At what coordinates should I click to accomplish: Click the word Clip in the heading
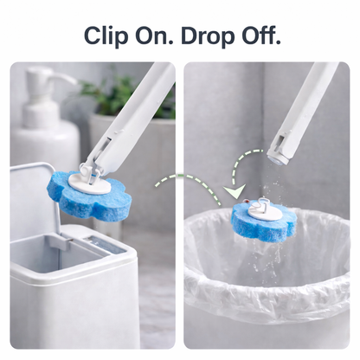[106, 35]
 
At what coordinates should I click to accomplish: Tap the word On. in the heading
[154, 35]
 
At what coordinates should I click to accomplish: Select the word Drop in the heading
[209, 35]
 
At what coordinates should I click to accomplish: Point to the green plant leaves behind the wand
[115, 95]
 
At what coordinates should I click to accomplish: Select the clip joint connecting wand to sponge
[89, 172]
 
